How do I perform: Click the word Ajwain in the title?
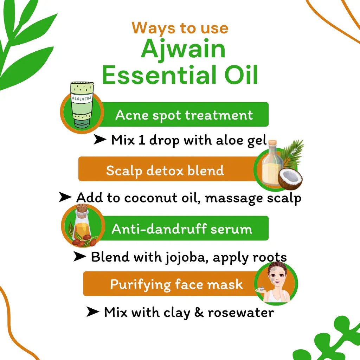coord(183,50)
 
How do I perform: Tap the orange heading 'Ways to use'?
coord(180,28)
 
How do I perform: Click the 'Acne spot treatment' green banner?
coord(184,115)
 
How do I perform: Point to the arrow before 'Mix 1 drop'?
coord(100,140)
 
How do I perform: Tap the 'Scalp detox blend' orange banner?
coord(165,171)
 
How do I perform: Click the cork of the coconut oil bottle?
coord(272,144)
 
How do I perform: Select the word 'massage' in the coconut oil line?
coord(229,198)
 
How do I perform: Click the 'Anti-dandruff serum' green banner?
coord(182,229)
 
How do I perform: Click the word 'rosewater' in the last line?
coord(241,312)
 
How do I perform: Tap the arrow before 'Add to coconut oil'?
coord(65,197)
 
